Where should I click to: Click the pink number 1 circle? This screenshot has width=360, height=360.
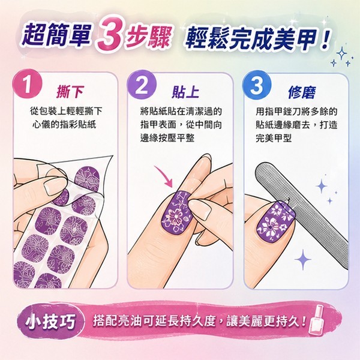(x=27, y=84)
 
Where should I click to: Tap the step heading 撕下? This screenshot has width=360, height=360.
(x=70, y=92)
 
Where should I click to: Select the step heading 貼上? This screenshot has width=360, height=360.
(x=185, y=92)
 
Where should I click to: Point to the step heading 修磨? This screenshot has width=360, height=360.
(x=302, y=92)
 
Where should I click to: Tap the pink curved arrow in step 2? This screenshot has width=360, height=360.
(x=164, y=175)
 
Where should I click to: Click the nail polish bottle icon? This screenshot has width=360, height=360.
(x=317, y=320)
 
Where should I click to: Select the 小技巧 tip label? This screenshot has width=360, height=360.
(x=50, y=321)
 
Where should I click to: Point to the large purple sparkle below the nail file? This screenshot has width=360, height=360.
(x=303, y=259)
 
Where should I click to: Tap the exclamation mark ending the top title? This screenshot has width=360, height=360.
(x=325, y=39)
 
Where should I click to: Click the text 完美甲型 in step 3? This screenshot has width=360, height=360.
(x=274, y=138)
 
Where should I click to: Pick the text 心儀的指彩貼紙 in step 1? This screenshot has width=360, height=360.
(x=64, y=125)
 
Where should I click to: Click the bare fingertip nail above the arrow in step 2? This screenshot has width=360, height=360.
(x=203, y=161)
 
